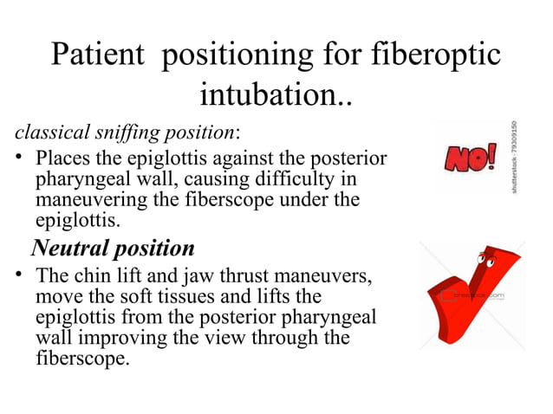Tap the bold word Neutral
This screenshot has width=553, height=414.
73,249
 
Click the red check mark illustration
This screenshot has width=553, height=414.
468,303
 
